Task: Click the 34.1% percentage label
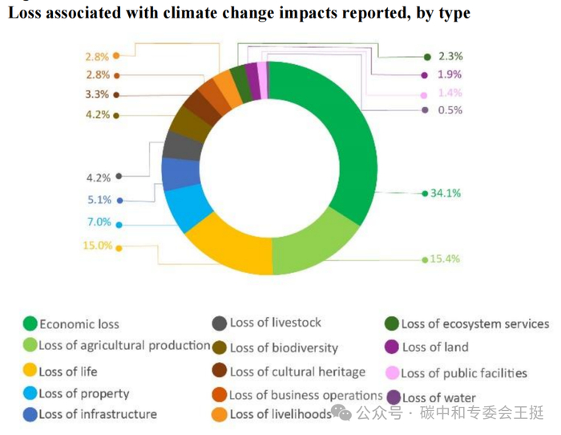pos(446,193)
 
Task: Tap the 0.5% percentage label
pos(450,110)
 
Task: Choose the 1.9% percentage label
pos(450,75)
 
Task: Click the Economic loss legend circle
pos(30,324)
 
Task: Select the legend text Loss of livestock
pos(275,323)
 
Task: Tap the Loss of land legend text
pos(435,348)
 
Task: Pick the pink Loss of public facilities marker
pos(393,373)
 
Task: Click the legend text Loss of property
pos(84,394)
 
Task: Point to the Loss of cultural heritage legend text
pos(297,372)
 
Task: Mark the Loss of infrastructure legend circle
pos(30,414)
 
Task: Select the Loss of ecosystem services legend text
pos(475,324)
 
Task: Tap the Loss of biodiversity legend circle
pos(219,348)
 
